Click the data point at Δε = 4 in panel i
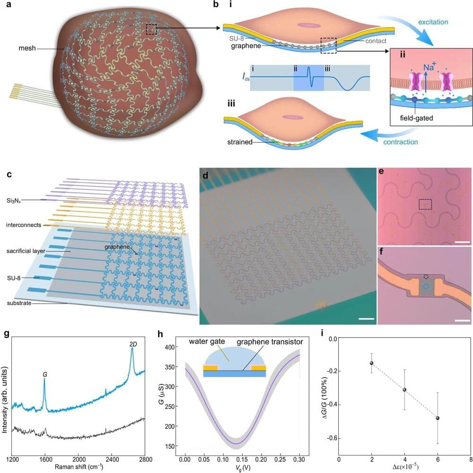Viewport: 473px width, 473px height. [404, 390]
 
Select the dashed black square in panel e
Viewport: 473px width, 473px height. [425, 204]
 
